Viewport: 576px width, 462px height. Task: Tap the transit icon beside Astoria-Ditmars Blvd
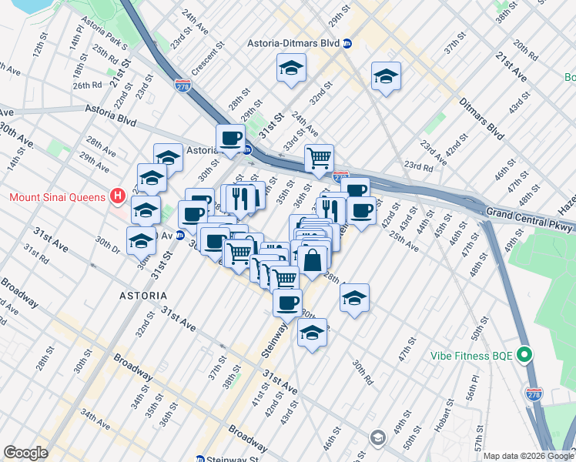coord(347,44)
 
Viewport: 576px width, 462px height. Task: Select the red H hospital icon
coord(117,197)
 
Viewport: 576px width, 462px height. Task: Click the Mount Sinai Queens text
coord(55,197)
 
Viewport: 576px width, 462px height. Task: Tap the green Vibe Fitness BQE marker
coord(525,355)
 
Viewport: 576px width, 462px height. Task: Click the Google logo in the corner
coord(25,453)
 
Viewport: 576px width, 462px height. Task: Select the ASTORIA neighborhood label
coord(142,296)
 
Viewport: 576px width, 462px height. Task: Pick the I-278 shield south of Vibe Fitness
coord(532,393)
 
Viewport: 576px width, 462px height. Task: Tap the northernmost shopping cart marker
coord(319,159)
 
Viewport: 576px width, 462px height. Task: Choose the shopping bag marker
coord(314,259)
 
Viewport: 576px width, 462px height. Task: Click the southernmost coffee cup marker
coord(287,303)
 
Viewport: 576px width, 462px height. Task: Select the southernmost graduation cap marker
coord(311,333)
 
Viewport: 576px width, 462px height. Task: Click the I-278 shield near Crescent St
coord(183,85)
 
